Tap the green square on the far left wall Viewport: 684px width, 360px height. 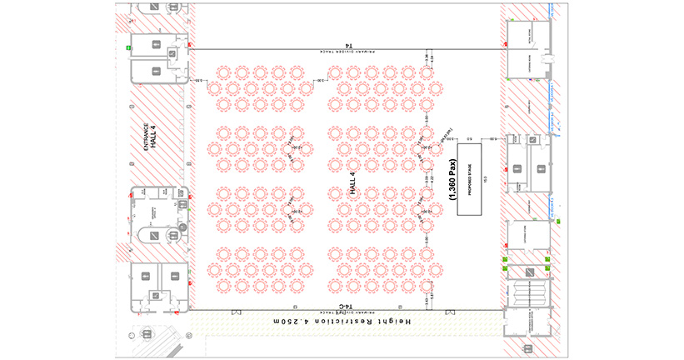pyautogui.click(x=128, y=48)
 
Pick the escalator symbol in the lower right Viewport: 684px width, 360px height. pyautogui.click(x=527, y=292)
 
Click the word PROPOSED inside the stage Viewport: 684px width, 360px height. pyautogui.click(x=472, y=183)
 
